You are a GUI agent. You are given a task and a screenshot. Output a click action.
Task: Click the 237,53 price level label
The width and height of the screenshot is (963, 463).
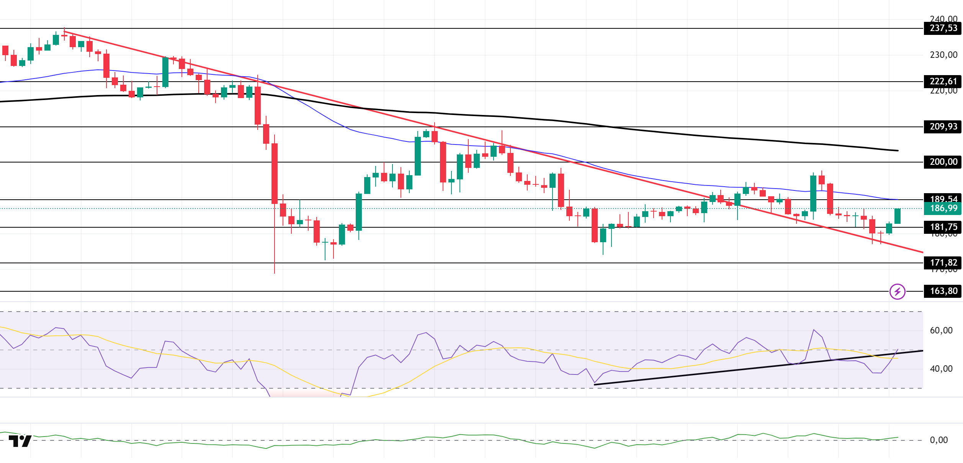(943, 28)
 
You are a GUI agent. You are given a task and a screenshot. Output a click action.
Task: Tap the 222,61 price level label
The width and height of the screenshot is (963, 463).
(943, 82)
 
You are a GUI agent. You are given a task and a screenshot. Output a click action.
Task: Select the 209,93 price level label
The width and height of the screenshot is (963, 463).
(943, 127)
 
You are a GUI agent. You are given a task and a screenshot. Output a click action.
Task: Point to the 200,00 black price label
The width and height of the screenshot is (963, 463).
(943, 162)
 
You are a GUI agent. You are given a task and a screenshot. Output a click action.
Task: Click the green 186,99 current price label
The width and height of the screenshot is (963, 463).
(943, 209)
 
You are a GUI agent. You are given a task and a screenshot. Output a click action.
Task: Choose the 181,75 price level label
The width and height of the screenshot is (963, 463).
(943, 227)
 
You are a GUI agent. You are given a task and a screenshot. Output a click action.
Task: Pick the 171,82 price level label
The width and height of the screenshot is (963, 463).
(943, 263)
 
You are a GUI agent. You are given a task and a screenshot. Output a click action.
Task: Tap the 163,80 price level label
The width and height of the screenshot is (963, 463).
(943, 291)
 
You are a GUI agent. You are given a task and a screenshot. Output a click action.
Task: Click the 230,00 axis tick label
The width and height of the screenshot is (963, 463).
(943, 55)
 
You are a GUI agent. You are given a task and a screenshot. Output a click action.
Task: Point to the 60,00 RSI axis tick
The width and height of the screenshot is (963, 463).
(941, 331)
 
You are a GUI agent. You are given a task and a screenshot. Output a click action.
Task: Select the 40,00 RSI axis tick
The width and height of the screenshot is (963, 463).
(941, 369)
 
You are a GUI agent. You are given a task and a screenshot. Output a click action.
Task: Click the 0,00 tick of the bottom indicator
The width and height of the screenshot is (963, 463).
(938, 440)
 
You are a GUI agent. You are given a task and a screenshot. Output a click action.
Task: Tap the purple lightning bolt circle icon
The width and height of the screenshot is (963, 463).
(897, 292)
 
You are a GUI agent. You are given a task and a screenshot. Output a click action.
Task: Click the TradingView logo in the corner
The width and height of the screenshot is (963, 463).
(20, 441)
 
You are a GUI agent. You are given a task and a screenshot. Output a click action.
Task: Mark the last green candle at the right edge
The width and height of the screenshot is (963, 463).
(897, 216)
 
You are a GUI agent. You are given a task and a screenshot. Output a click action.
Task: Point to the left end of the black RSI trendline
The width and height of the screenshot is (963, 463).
(595, 384)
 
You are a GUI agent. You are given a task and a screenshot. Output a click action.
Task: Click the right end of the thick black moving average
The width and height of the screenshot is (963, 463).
(898, 151)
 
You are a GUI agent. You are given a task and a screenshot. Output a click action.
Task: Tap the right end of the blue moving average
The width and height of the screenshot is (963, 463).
(898, 199)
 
